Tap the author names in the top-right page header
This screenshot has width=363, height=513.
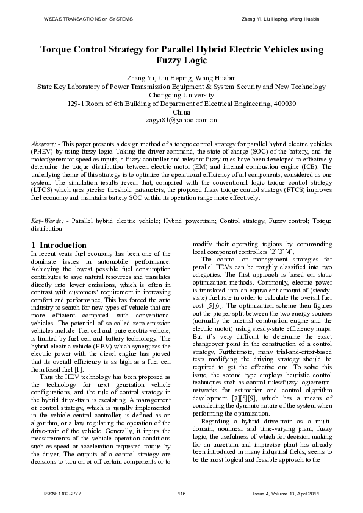tap(281, 19)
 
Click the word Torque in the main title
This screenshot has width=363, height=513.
tap(59, 50)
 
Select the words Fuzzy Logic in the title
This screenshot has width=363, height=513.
tap(182, 61)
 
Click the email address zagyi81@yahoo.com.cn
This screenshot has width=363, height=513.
tap(182, 121)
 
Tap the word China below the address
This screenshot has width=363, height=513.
tap(182, 112)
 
